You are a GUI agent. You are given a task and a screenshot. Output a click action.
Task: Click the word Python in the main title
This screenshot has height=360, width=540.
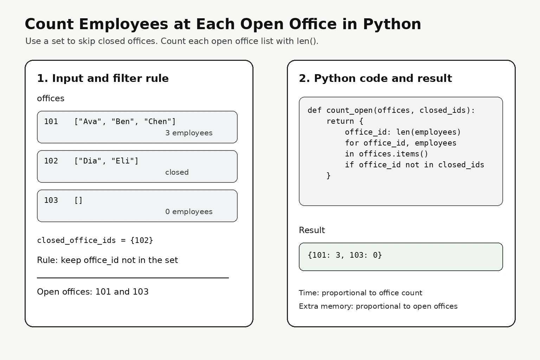pyautogui.click(x=392, y=25)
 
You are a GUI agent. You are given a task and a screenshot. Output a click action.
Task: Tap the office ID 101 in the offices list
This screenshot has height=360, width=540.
pyautogui.click(x=51, y=122)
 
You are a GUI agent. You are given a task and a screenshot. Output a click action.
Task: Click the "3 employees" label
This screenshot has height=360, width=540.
pyautogui.click(x=189, y=133)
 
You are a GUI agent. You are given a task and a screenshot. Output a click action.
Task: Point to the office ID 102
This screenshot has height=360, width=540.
pyautogui.click(x=51, y=161)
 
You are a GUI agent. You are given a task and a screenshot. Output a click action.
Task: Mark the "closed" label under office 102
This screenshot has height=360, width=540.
pyautogui.click(x=177, y=172)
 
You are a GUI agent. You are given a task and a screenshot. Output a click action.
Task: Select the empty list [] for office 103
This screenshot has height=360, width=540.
pyautogui.click(x=79, y=200)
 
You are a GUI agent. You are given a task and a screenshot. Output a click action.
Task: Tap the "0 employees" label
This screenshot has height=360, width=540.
pyautogui.click(x=189, y=212)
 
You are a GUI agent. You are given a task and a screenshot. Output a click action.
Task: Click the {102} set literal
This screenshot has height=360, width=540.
pyautogui.click(x=142, y=240)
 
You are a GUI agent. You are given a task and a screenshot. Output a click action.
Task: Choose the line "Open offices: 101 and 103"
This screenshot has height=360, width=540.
pyautogui.click(x=92, y=292)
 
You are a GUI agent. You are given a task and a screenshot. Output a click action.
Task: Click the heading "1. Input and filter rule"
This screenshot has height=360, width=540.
pyautogui.click(x=103, y=78)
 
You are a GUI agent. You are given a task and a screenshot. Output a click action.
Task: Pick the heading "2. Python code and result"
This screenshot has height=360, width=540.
pyautogui.click(x=375, y=78)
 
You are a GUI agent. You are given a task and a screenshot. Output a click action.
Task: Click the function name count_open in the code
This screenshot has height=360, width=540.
pyautogui.click(x=349, y=110)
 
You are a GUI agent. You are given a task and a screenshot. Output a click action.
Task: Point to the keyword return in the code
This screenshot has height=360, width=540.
pyautogui.click(x=340, y=121)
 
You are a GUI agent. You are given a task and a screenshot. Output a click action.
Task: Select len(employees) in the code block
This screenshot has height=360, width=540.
pyautogui.click(x=429, y=132)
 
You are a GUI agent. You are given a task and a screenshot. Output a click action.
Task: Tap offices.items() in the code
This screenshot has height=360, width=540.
pyautogui.click(x=393, y=154)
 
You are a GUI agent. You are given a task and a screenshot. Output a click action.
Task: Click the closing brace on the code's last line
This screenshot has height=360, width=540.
pyautogui.click(x=329, y=175)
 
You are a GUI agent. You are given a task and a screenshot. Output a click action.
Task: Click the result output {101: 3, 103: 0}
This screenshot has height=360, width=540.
pyautogui.click(x=345, y=255)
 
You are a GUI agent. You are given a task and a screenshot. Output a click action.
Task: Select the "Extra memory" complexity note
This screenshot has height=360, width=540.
pyautogui.click(x=378, y=306)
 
